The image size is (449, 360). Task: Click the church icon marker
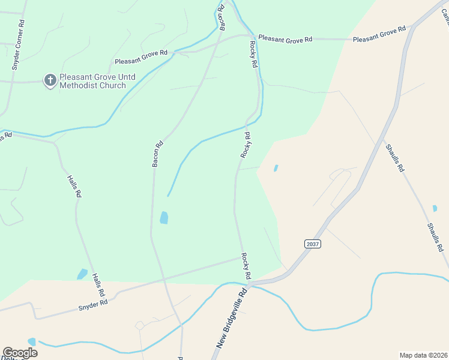pyautogui.click(x=50, y=80)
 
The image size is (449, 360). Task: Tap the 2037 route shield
pyautogui.click(x=312, y=244)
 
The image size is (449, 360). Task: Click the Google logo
pyautogui.click(x=20, y=353)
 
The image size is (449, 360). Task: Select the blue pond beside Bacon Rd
pyautogui.click(x=164, y=218)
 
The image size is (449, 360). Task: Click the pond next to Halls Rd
pyautogui.click(x=82, y=274)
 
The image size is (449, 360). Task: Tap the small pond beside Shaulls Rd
pyautogui.click(x=435, y=209)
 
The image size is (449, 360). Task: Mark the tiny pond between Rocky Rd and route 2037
pyautogui.click(x=276, y=169)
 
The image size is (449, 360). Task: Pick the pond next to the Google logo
pyautogui.click(x=32, y=341)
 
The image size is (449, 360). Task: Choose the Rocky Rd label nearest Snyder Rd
pyautogui.click(x=246, y=266)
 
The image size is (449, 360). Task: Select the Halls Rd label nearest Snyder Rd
pyautogui.click(x=98, y=285)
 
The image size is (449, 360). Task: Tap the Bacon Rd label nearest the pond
pyautogui.click(x=158, y=154)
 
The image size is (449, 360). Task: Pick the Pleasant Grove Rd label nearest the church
pyautogui.click(x=141, y=58)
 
